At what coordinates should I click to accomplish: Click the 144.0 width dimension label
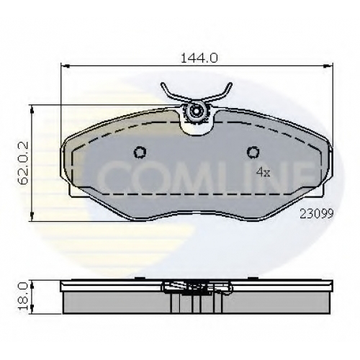[199, 58]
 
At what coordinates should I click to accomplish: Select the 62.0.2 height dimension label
[24, 163]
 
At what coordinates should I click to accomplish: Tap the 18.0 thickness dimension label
[24, 296]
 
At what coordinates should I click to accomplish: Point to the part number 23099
[317, 213]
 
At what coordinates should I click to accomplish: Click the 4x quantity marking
[264, 172]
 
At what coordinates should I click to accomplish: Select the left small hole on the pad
[140, 152]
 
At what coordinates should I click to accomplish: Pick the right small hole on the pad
[253, 152]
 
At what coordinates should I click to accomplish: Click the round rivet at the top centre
[197, 112]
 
